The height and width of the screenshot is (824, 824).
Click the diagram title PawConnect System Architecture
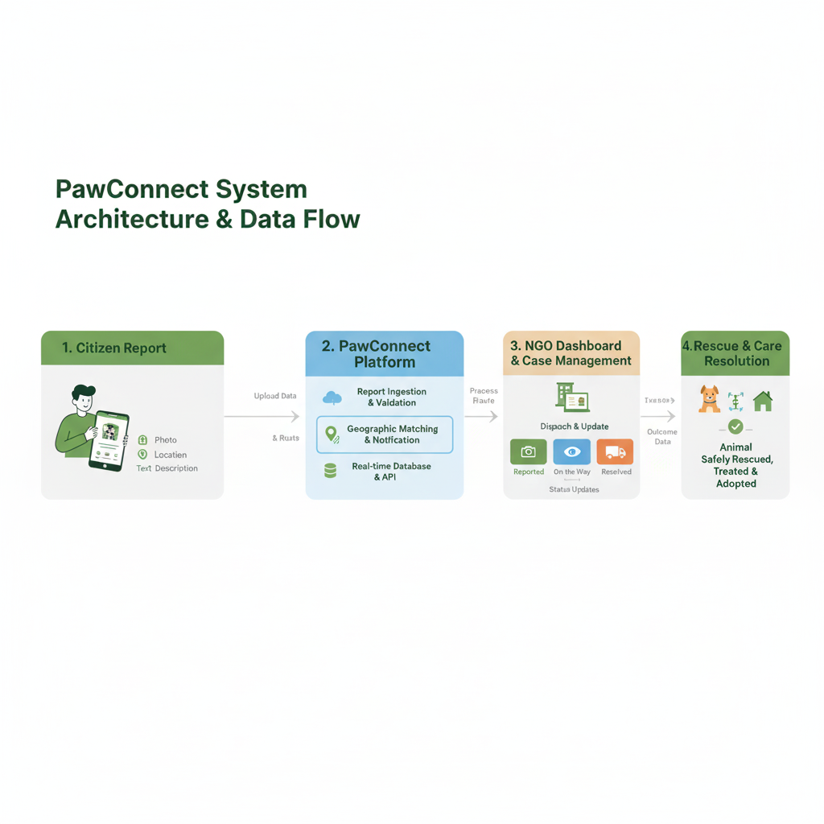(207, 204)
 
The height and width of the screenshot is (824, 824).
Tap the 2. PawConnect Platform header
(385, 354)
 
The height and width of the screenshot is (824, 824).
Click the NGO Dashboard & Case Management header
(571, 353)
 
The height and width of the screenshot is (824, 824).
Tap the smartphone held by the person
(110, 440)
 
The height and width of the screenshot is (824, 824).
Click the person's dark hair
(84, 393)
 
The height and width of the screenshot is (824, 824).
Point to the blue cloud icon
(332, 398)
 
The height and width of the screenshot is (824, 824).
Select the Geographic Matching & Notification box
(385, 435)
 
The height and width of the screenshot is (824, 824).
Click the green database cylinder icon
(330, 472)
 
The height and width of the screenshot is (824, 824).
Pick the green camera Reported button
(529, 452)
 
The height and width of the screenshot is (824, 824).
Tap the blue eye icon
(572, 452)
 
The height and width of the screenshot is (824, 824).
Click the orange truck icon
(615, 452)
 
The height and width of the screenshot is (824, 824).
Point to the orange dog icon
(709, 399)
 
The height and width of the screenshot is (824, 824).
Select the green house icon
(762, 401)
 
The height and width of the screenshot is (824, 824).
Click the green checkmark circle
(735, 426)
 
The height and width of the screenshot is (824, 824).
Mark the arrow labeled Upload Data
(262, 417)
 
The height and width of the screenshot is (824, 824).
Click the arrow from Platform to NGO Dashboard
(482, 417)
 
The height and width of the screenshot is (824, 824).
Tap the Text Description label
(167, 468)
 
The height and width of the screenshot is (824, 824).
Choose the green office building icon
(572, 398)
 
